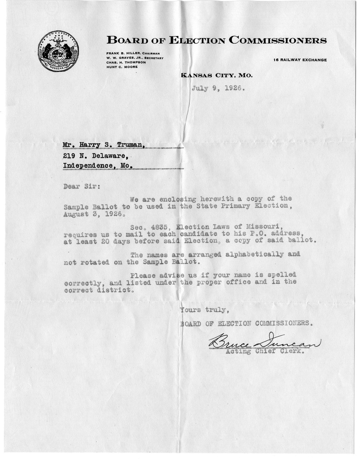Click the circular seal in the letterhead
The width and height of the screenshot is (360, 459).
point(58,51)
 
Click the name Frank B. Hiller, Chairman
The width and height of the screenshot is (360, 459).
point(133,53)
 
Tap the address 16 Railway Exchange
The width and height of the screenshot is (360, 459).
point(300,60)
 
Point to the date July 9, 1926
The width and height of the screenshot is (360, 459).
point(218,89)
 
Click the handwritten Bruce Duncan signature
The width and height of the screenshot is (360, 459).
point(264,342)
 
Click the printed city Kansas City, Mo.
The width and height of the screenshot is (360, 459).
point(216,75)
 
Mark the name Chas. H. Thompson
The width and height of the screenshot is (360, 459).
point(126,62)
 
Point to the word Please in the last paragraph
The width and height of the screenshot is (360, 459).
point(143,275)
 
